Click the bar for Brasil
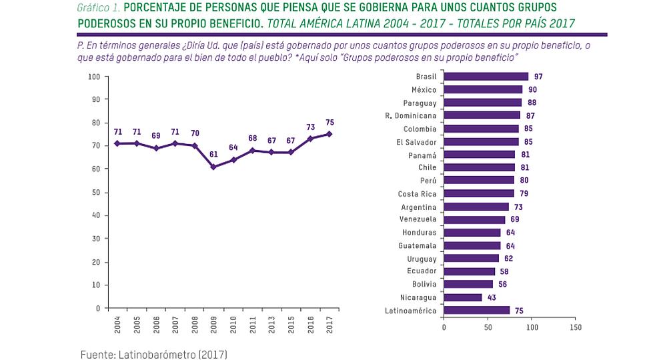click(486, 77)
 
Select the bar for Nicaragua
click(462, 297)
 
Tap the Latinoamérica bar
click(476, 310)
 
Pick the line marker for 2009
click(213, 167)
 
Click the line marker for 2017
click(329, 134)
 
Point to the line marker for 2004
click(117, 143)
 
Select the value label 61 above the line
click(213, 154)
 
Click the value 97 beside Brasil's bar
click(538, 77)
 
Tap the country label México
click(424, 90)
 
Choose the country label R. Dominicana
click(415, 116)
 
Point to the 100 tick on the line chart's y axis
click(94, 77)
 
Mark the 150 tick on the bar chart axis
click(576, 328)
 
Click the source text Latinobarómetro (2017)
click(153, 353)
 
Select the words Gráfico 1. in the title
click(97, 7)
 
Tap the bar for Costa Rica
click(478, 193)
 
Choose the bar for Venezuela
click(474, 219)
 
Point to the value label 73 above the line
click(310, 127)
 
